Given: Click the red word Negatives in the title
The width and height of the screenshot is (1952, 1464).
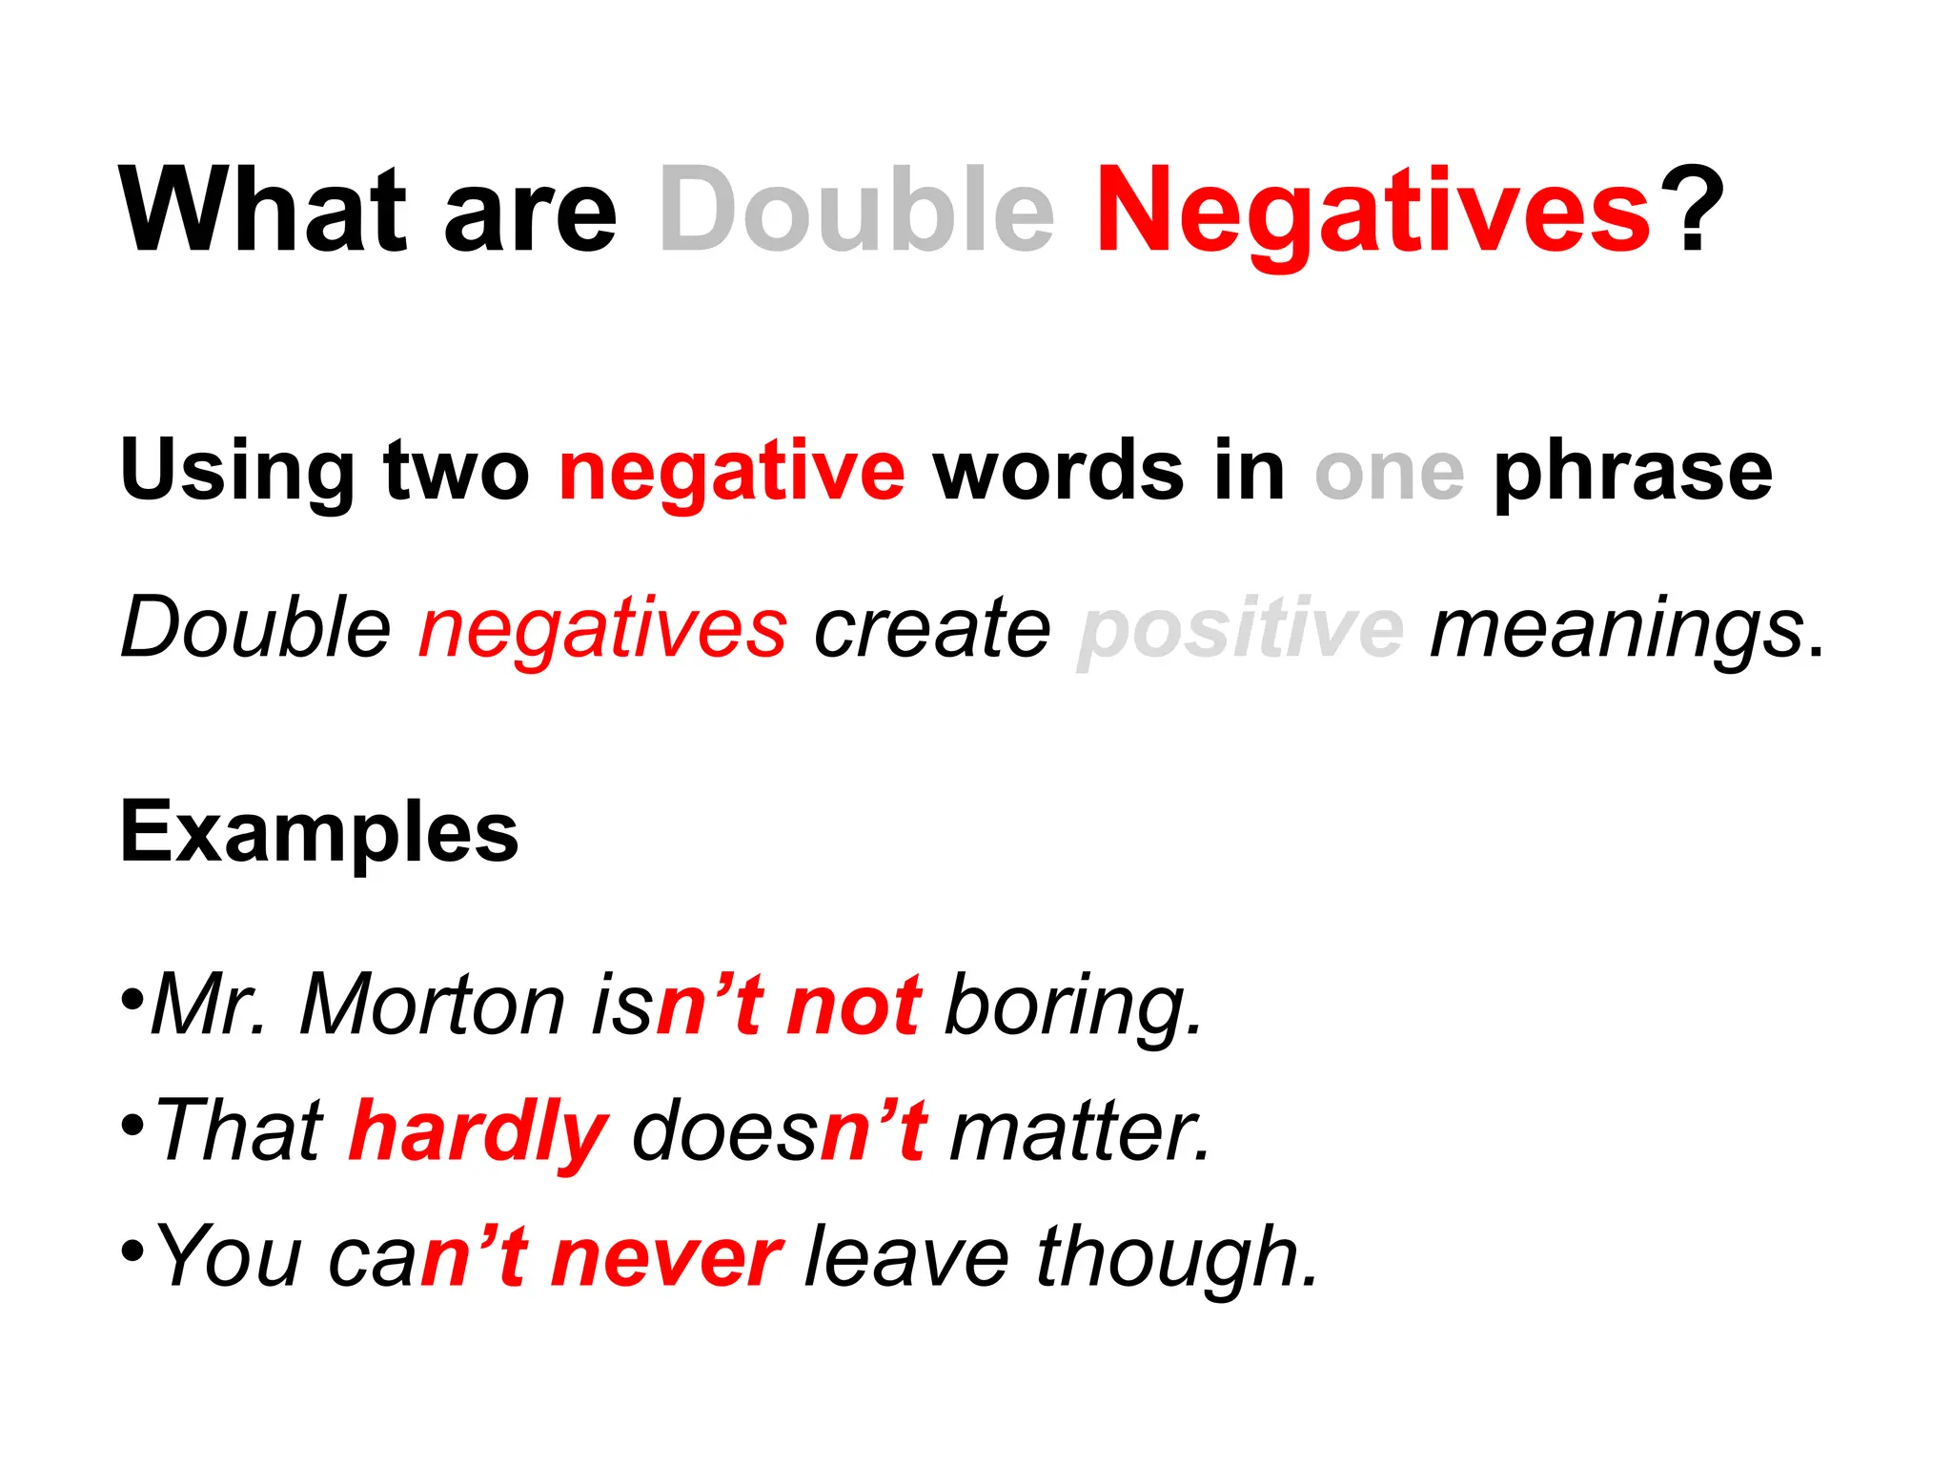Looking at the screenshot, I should (1372, 211).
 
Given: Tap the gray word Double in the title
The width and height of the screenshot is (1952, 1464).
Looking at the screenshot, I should (857, 211).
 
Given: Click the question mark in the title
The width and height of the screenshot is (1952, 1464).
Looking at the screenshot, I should (1690, 211).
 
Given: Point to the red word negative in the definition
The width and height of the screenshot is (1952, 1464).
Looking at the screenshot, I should (731, 472).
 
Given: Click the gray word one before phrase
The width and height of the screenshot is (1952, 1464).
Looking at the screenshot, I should (1389, 472).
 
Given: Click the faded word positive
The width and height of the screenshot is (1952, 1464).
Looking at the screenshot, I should (1241, 630).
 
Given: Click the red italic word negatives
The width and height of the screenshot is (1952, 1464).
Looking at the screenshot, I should (603, 630).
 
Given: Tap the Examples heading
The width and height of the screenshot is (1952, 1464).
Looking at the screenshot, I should (319, 832).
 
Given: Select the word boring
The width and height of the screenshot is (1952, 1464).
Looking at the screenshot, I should (1072, 1006).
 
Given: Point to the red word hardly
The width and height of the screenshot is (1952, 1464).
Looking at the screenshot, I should (478, 1132).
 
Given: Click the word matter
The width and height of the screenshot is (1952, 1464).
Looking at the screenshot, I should (1079, 1132).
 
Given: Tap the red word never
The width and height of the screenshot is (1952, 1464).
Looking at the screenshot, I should (666, 1258).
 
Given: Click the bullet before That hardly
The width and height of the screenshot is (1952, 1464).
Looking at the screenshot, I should (132, 1125).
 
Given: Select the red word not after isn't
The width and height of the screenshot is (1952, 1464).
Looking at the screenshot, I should (853, 1006).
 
